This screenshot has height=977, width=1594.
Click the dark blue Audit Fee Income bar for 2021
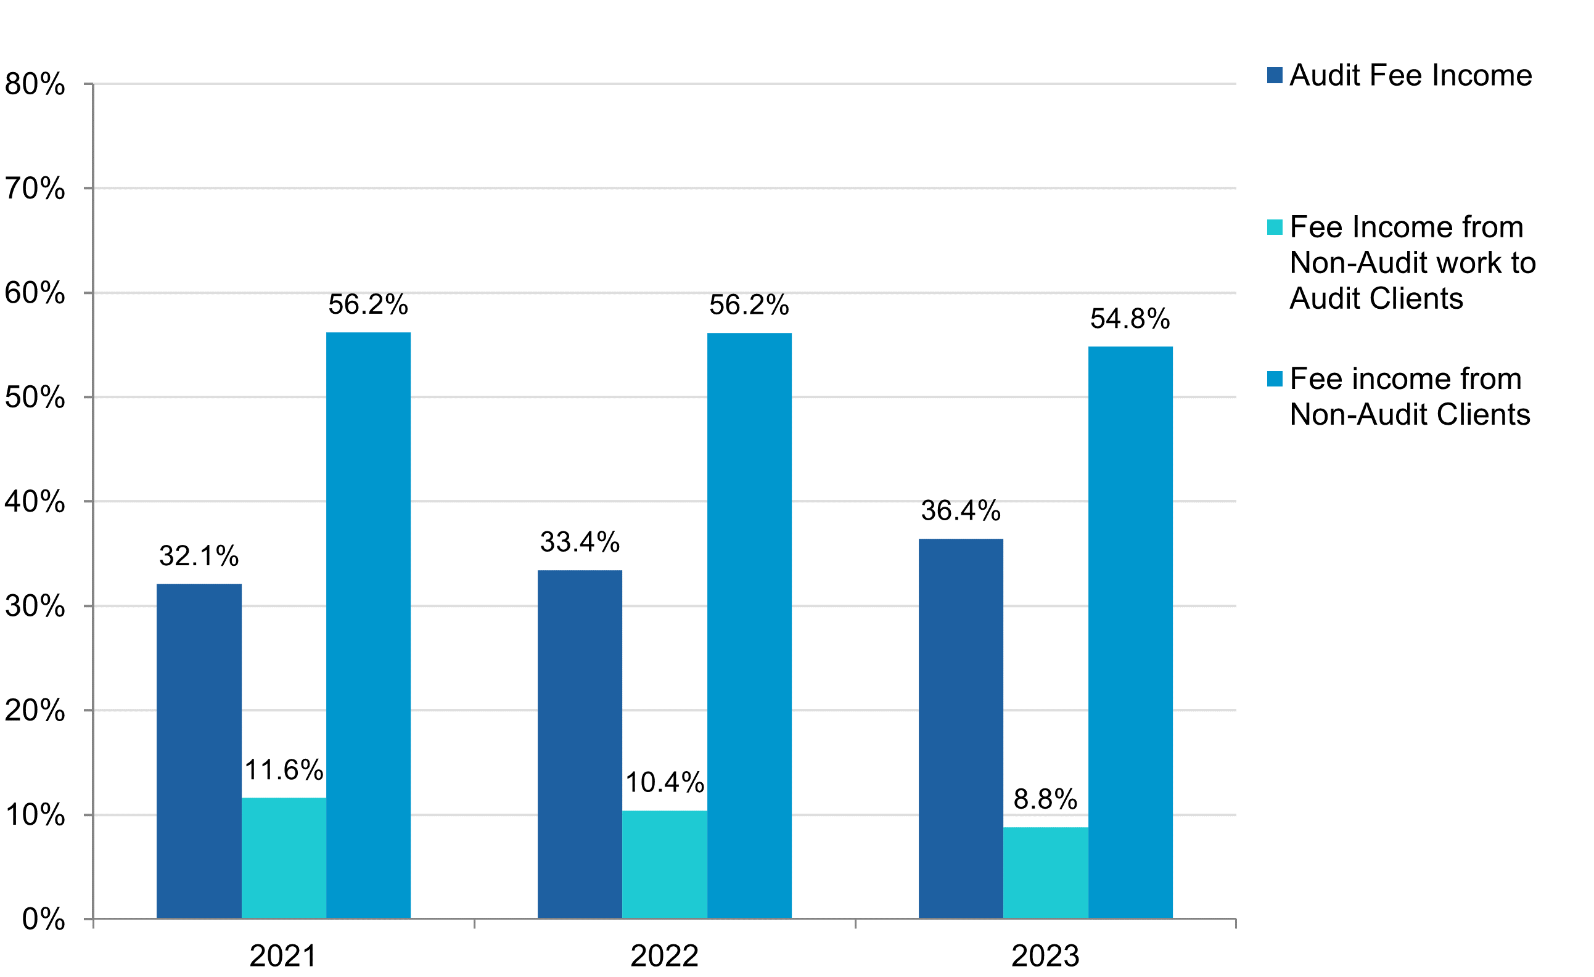click(x=199, y=750)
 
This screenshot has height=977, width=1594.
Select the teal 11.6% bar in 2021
click(x=284, y=857)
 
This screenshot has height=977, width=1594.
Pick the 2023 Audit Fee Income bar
click(x=961, y=728)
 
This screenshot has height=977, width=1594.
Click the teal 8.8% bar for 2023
click(x=1045, y=872)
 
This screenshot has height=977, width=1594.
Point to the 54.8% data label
click(x=1130, y=319)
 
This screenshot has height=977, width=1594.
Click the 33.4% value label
click(x=580, y=542)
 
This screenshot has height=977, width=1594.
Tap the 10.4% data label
click(x=664, y=782)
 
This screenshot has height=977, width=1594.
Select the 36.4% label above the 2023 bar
click(x=961, y=511)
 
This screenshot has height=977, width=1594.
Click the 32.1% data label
click(x=199, y=556)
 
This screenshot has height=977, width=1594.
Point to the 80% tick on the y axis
click(x=35, y=84)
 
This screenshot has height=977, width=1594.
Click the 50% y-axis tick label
click(x=35, y=397)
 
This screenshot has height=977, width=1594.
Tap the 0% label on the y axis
click(x=43, y=919)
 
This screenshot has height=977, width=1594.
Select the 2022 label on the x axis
click(x=664, y=955)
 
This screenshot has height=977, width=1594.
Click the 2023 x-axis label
click(x=1045, y=955)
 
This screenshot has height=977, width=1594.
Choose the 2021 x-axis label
click(x=284, y=955)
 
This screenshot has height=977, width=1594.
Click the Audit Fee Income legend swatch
click(x=1275, y=76)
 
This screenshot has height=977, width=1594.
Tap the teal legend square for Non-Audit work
click(x=1275, y=227)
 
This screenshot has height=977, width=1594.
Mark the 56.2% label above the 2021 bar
click(x=368, y=305)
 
